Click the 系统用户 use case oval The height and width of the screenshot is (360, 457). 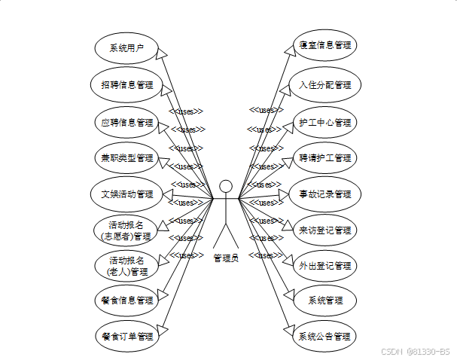point(126,48)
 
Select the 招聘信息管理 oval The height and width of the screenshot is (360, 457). point(126,85)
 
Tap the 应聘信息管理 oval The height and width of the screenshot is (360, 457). point(126,121)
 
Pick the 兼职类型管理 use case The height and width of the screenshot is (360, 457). point(126,158)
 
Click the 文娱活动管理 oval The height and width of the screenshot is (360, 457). point(126,194)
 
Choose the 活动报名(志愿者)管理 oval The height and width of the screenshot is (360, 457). point(126,230)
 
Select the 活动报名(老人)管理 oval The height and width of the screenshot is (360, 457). point(126,266)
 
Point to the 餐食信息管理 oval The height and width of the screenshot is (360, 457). point(126,300)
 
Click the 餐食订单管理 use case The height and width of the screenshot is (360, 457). point(126,336)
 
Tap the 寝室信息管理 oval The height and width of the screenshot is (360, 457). point(324,44)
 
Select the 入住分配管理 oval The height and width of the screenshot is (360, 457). point(324,85)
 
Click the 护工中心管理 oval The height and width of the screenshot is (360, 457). point(324,121)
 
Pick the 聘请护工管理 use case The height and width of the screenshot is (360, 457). point(324,158)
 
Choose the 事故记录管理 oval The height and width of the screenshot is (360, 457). point(324,194)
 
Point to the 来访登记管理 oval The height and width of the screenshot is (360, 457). point(324,230)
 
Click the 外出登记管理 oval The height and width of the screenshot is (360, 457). point(324,266)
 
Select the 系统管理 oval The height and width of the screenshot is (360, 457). point(324,301)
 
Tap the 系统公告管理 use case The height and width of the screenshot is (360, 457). point(324,336)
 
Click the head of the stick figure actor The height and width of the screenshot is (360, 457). point(226,186)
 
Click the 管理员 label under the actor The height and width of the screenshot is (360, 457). point(226,258)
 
